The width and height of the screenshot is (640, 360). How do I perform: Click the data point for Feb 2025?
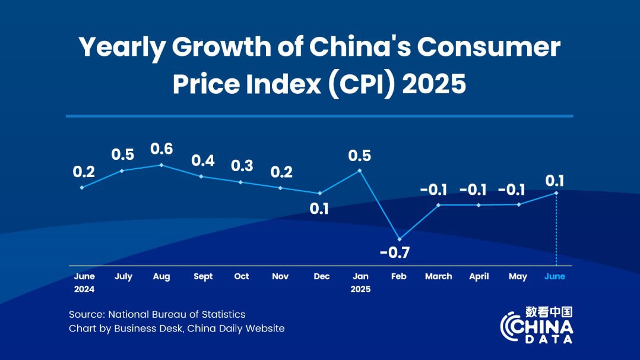[399, 239]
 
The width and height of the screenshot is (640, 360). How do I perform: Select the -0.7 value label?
[395, 252]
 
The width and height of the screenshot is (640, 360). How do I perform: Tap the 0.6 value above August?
[161, 149]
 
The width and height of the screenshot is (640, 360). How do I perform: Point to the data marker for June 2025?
[556, 192]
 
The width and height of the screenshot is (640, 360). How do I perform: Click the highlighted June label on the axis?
[555, 276]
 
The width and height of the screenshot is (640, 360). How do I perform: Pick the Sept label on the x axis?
[203, 276]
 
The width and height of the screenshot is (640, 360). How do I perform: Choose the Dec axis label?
[322, 276]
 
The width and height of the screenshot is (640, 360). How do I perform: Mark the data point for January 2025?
[360, 170]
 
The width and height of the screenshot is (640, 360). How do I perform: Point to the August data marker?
[161, 165]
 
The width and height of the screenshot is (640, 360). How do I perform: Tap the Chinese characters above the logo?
[549, 312]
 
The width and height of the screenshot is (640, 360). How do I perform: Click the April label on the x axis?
[479, 276]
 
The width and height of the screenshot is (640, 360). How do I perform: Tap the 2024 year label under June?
[84, 289]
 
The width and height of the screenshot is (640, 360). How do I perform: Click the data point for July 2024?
[122, 170]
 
